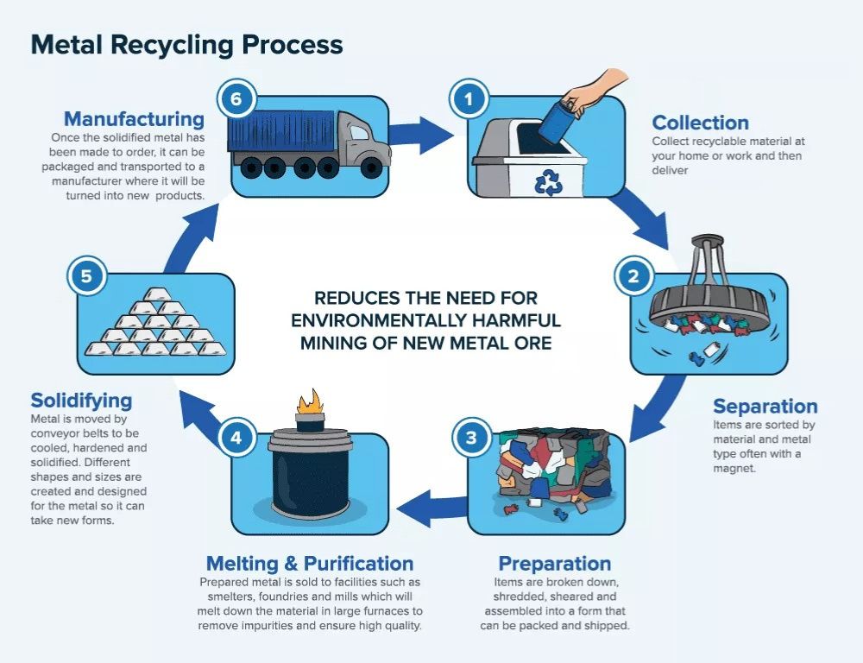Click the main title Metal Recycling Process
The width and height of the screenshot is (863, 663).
point(186,45)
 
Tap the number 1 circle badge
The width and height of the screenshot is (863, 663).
point(469,99)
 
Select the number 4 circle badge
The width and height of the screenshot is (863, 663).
point(236,438)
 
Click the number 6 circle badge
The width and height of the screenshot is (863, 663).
point(236,99)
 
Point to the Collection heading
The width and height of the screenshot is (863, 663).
point(700,123)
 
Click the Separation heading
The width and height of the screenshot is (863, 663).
point(765,407)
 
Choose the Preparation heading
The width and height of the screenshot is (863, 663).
point(554,564)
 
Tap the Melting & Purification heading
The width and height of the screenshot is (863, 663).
point(309,564)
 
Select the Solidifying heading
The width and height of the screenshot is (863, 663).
point(81,401)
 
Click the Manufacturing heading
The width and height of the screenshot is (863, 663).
point(134,118)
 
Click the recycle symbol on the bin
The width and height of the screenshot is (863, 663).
point(548,182)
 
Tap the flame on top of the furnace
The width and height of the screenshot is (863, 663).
point(307,401)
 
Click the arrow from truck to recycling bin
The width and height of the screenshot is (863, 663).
point(421,134)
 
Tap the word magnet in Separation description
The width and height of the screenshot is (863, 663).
point(734,469)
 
